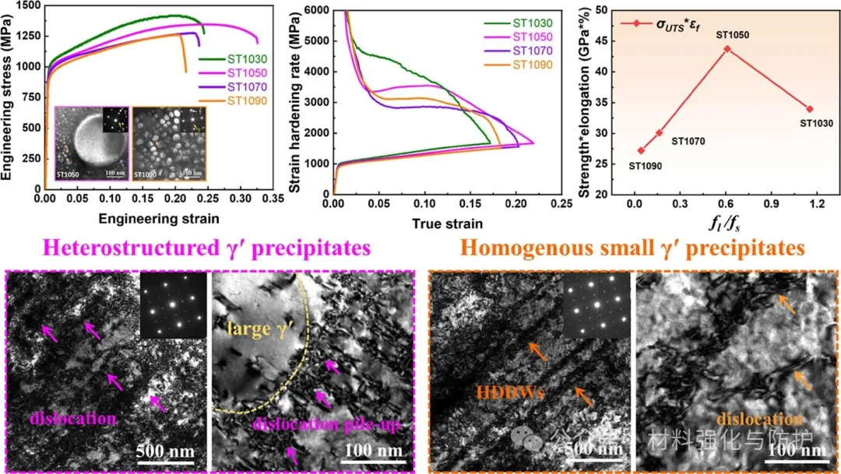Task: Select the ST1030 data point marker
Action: [x=810, y=109]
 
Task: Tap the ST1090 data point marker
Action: [x=641, y=150]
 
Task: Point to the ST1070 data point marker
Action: [x=660, y=133]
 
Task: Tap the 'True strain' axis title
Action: [x=447, y=223]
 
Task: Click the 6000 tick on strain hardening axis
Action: [x=315, y=11]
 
